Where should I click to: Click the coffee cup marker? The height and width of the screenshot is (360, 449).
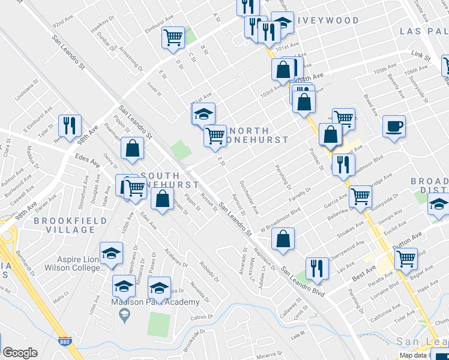(394, 126)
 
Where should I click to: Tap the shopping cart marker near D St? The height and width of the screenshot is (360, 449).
(173, 37)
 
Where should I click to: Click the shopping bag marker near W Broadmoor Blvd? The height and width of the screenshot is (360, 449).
(283, 238)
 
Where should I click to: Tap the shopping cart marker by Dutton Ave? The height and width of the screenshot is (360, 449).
(406, 258)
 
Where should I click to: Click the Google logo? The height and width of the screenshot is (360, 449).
(20, 353)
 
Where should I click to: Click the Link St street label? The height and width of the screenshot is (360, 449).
(421, 58)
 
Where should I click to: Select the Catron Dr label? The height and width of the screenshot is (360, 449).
(202, 317)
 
